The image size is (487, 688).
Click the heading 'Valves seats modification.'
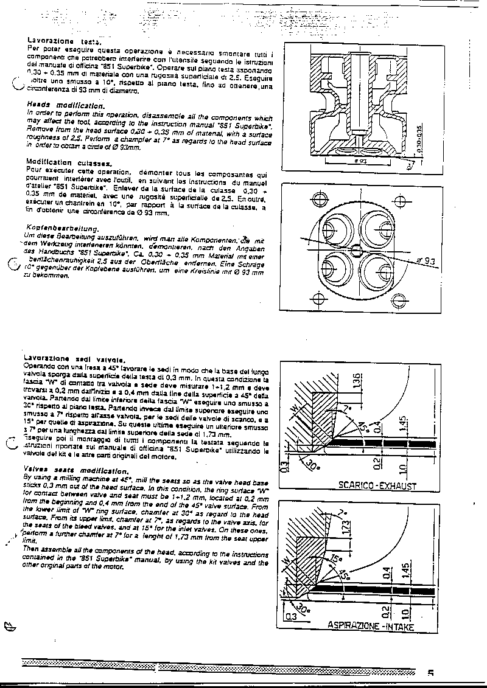coord(75,470)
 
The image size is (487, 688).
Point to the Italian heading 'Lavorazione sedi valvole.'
coord(74,359)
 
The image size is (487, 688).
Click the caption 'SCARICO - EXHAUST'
coord(377,485)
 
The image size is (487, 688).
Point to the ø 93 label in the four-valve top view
coord(429,262)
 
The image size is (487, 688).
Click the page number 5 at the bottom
coord(430,673)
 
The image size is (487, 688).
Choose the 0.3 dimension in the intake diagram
coord(291,616)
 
